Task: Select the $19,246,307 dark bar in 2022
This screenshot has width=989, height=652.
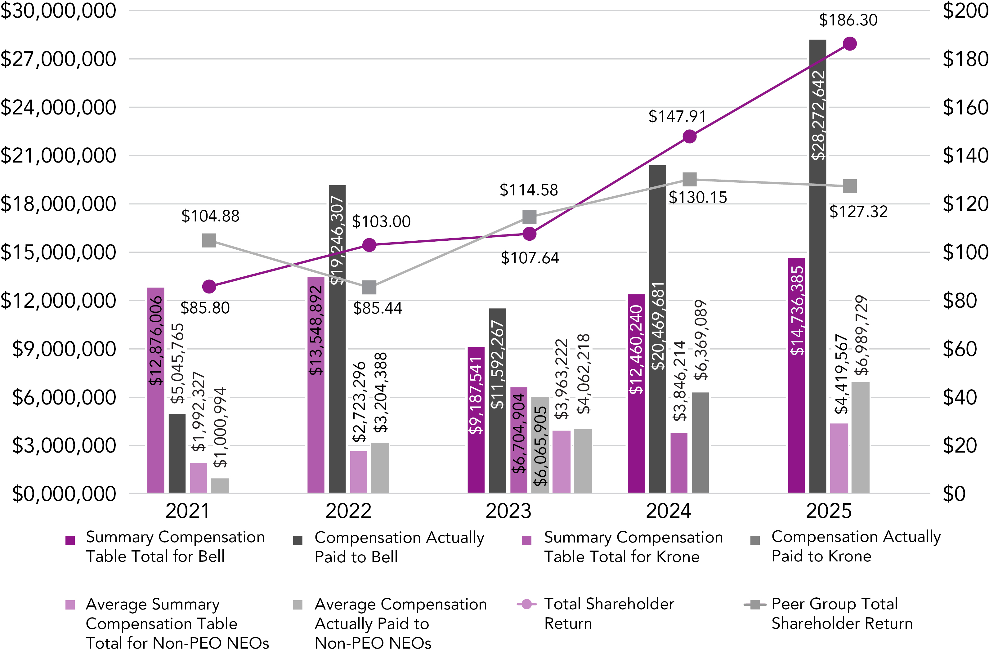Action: click(x=337, y=339)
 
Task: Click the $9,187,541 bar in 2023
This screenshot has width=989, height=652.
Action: click(x=476, y=420)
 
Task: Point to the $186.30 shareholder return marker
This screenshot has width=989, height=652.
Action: click(x=849, y=44)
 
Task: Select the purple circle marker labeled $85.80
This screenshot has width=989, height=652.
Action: click(x=209, y=287)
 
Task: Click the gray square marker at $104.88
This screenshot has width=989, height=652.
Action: click(x=209, y=240)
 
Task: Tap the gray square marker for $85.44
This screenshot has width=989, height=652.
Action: click(x=369, y=287)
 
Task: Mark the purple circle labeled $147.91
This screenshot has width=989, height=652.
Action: click(x=689, y=136)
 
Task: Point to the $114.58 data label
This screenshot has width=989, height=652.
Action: click(x=528, y=190)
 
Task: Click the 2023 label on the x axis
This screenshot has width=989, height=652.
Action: click(x=508, y=511)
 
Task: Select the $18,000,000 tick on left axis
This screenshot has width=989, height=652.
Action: click(x=58, y=204)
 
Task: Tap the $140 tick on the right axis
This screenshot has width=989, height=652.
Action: click(x=964, y=155)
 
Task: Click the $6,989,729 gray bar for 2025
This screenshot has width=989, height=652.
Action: click(x=860, y=437)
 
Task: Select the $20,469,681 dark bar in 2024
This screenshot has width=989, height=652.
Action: click(x=657, y=328)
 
